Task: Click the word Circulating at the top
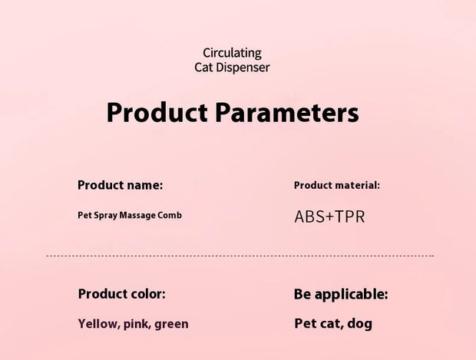click(232, 53)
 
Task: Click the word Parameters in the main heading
click(286, 114)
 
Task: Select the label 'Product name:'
click(121, 185)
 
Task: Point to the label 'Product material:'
click(337, 185)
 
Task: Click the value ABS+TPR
click(329, 216)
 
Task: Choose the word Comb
click(171, 215)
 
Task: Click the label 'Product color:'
click(121, 293)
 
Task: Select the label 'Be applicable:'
click(341, 294)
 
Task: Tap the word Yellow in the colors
click(98, 324)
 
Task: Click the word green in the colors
click(171, 324)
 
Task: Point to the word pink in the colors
click(137, 324)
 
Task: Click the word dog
click(359, 324)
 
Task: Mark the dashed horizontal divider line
click(240, 256)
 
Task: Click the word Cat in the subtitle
click(204, 68)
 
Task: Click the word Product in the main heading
click(157, 114)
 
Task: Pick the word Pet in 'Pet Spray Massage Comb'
click(85, 215)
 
